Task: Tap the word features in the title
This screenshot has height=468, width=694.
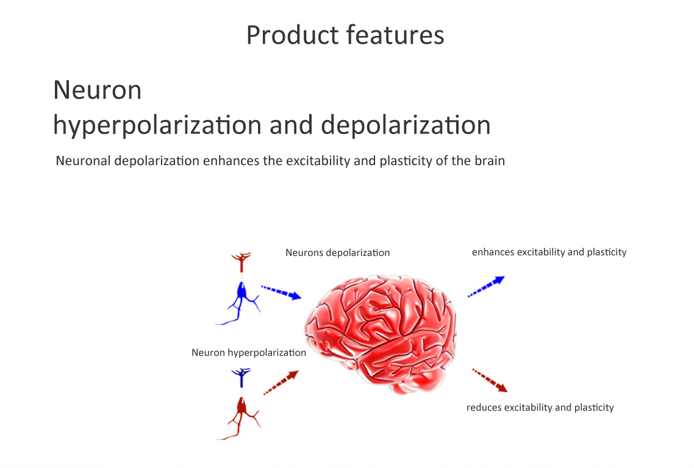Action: [x=395, y=35]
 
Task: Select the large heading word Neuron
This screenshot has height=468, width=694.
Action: [x=98, y=90]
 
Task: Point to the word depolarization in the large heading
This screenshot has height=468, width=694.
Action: [x=406, y=125]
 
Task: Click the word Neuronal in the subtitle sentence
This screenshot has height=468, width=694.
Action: [x=83, y=161]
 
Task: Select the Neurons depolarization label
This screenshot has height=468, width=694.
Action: [x=338, y=252]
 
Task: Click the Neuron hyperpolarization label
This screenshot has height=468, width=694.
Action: [x=249, y=353]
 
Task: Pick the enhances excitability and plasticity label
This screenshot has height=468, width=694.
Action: [x=549, y=252]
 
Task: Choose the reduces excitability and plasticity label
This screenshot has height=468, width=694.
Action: [x=540, y=408]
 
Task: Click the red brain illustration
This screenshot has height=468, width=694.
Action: [x=380, y=334]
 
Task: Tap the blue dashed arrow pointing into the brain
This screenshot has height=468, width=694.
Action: [x=281, y=292]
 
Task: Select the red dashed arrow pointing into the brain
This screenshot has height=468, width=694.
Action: [x=281, y=383]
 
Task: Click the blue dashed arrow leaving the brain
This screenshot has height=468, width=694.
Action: [x=487, y=286]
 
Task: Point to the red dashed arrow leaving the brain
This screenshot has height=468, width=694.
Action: [x=490, y=380]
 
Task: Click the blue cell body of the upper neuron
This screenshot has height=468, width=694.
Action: [x=241, y=291]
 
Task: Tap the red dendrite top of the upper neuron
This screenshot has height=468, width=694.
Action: [x=241, y=261]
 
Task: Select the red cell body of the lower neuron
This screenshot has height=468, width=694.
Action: [x=241, y=406]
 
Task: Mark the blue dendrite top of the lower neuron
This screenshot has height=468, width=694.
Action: [x=241, y=377]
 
